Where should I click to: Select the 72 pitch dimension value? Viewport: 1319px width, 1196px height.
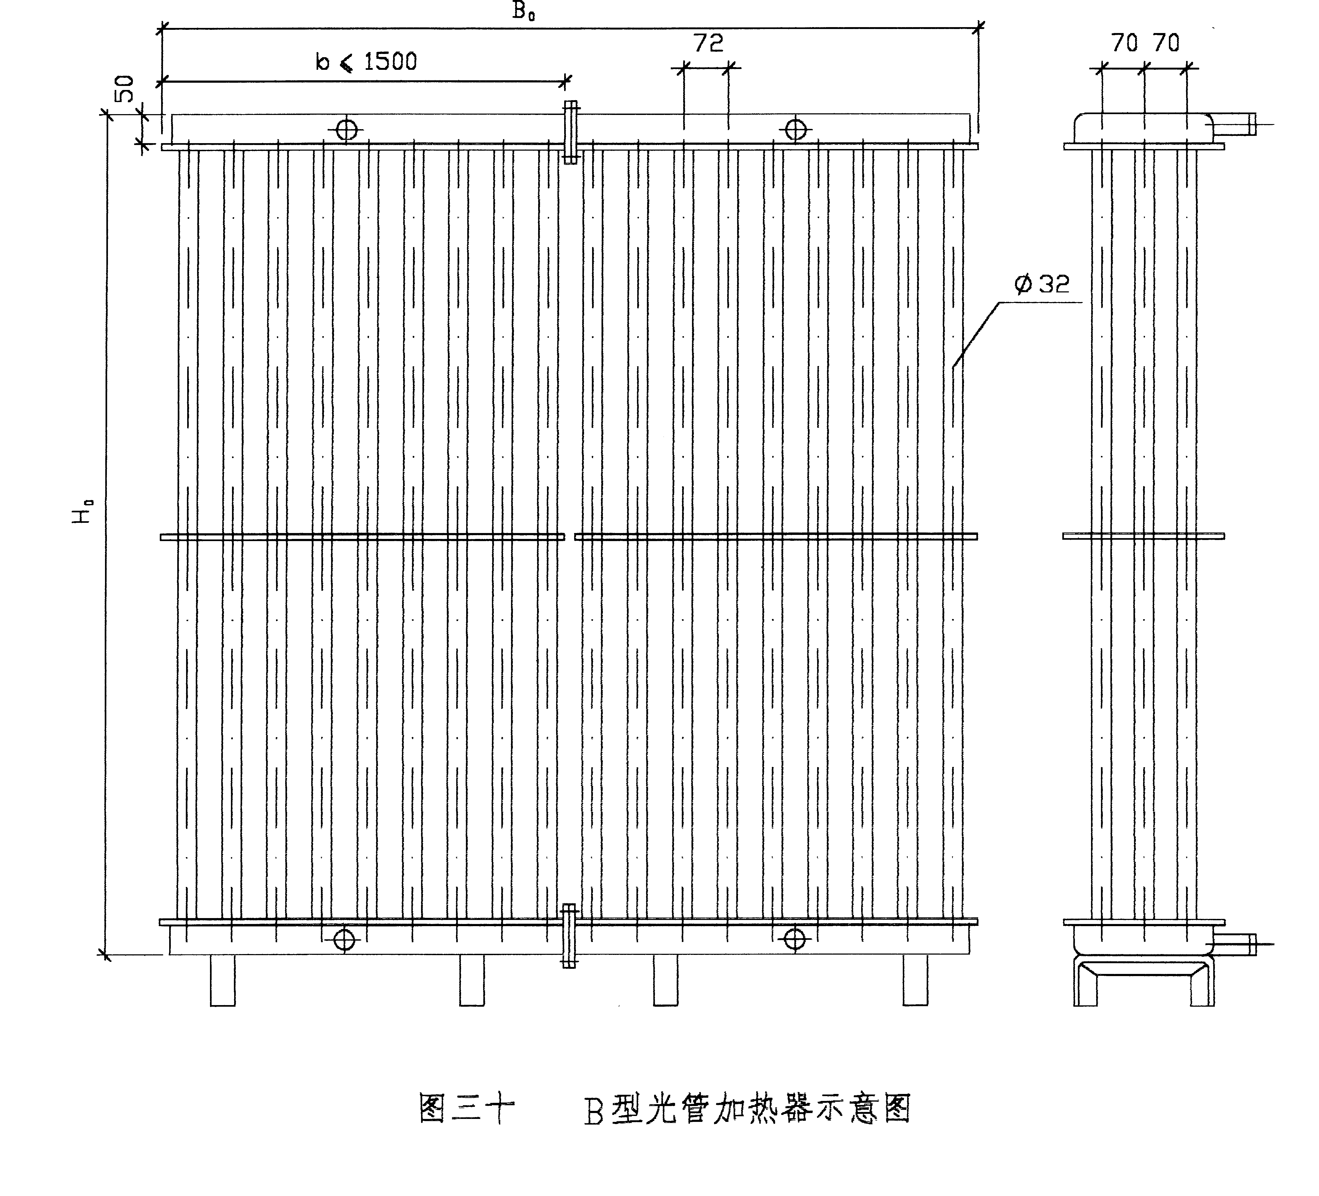coord(708,43)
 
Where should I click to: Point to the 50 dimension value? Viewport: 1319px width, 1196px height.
coord(124,89)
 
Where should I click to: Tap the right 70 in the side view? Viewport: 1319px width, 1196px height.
coord(1166,43)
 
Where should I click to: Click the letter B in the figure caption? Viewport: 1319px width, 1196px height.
coord(593,1112)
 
